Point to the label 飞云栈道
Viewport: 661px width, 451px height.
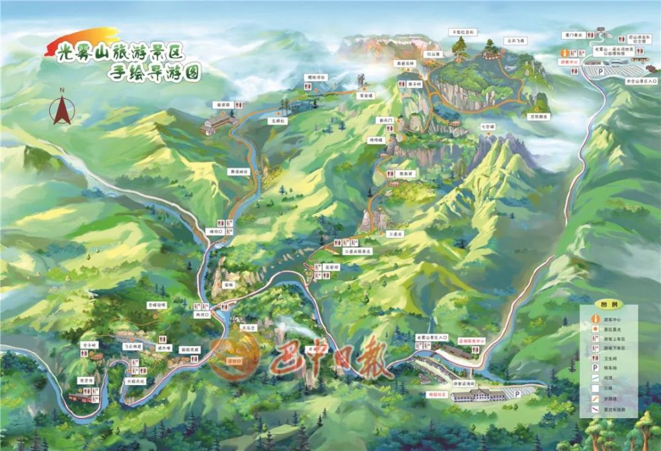pyautogui.click(x=134, y=346)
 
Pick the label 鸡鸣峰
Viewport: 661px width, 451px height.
pyautogui.click(x=376, y=140)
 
